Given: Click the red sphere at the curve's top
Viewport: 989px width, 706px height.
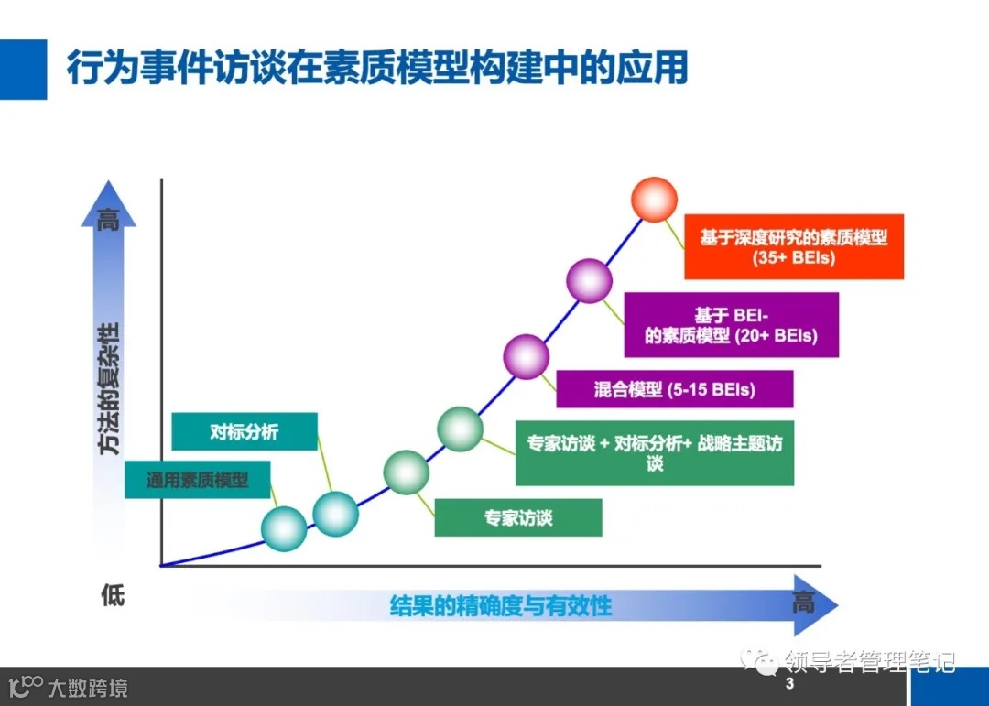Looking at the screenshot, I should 655,199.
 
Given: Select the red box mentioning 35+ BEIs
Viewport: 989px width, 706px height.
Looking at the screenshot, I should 794,247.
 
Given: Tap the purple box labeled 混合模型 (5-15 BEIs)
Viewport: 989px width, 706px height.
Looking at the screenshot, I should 675,389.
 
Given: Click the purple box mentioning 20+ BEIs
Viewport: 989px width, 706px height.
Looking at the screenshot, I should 731,325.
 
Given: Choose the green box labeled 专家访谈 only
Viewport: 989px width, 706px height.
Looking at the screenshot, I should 518,517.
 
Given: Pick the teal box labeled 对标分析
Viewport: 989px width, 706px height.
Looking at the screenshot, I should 245,431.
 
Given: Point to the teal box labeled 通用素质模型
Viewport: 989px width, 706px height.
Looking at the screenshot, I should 198,479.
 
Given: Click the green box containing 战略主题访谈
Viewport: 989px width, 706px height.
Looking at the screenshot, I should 654,453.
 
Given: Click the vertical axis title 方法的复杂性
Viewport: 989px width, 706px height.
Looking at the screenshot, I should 110,388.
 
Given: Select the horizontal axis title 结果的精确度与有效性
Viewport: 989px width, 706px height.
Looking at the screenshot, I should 500,605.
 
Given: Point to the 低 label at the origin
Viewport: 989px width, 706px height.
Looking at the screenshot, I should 112,596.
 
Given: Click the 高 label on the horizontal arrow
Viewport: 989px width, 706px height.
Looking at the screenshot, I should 802,603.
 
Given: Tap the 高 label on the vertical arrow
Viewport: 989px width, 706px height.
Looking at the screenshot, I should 109,221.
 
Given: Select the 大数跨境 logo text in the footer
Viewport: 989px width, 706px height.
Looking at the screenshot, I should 88,688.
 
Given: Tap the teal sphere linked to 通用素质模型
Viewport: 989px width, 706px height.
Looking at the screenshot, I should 284,528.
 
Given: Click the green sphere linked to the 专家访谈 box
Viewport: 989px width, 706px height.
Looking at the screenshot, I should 406,472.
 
